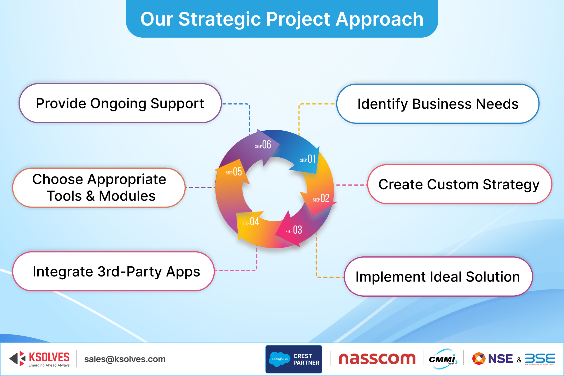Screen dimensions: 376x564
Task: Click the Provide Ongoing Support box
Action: point(120,103)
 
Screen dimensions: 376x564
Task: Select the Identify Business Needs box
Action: point(438,104)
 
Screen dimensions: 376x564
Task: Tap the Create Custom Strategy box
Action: point(459,184)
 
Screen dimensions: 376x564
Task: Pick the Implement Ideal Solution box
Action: point(438,277)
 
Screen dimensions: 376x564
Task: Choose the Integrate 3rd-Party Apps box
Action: point(114,272)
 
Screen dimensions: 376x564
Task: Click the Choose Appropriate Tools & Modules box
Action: point(99,187)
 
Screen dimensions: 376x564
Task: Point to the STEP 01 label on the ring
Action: point(308,159)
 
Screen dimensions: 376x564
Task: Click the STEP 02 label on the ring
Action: point(321,198)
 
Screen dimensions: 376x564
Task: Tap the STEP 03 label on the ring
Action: point(294,230)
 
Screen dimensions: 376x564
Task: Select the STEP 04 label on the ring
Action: point(251,222)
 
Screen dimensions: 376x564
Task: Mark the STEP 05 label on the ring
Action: point(234,172)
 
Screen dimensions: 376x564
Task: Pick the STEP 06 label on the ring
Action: point(263,145)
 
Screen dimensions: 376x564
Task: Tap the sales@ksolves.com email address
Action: point(125,359)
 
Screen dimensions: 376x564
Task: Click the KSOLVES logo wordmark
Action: point(49,357)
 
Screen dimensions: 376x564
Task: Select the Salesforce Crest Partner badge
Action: point(294,359)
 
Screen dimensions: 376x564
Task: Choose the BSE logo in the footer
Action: point(540,359)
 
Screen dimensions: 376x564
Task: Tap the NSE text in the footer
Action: point(500,359)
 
